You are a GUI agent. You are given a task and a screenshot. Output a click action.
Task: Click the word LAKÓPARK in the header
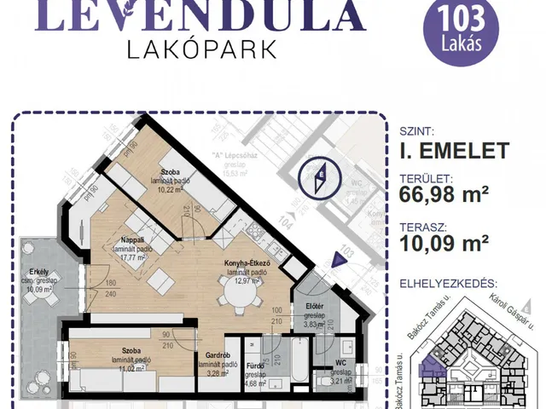(201, 49)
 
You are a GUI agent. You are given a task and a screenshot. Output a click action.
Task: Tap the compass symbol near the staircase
(321, 178)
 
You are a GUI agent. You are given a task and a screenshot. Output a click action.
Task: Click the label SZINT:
(417, 132)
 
